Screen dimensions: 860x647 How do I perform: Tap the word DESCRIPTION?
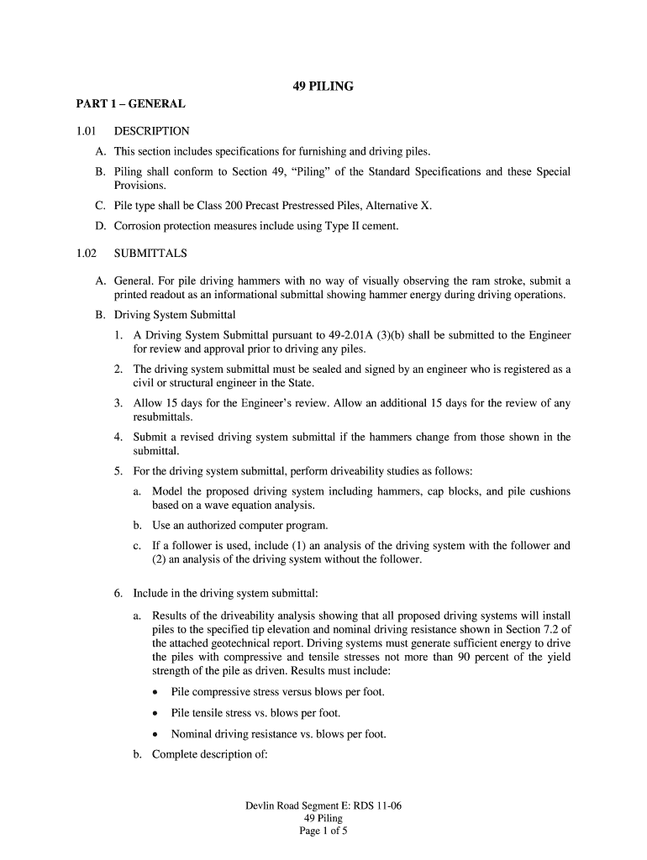(x=152, y=131)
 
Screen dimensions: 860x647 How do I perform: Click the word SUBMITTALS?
(x=150, y=253)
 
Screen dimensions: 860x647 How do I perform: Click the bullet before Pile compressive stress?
(x=156, y=693)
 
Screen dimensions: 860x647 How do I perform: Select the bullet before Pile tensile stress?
(x=156, y=714)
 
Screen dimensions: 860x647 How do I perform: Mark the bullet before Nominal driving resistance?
(x=156, y=734)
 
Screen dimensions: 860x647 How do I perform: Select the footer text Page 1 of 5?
(x=323, y=831)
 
